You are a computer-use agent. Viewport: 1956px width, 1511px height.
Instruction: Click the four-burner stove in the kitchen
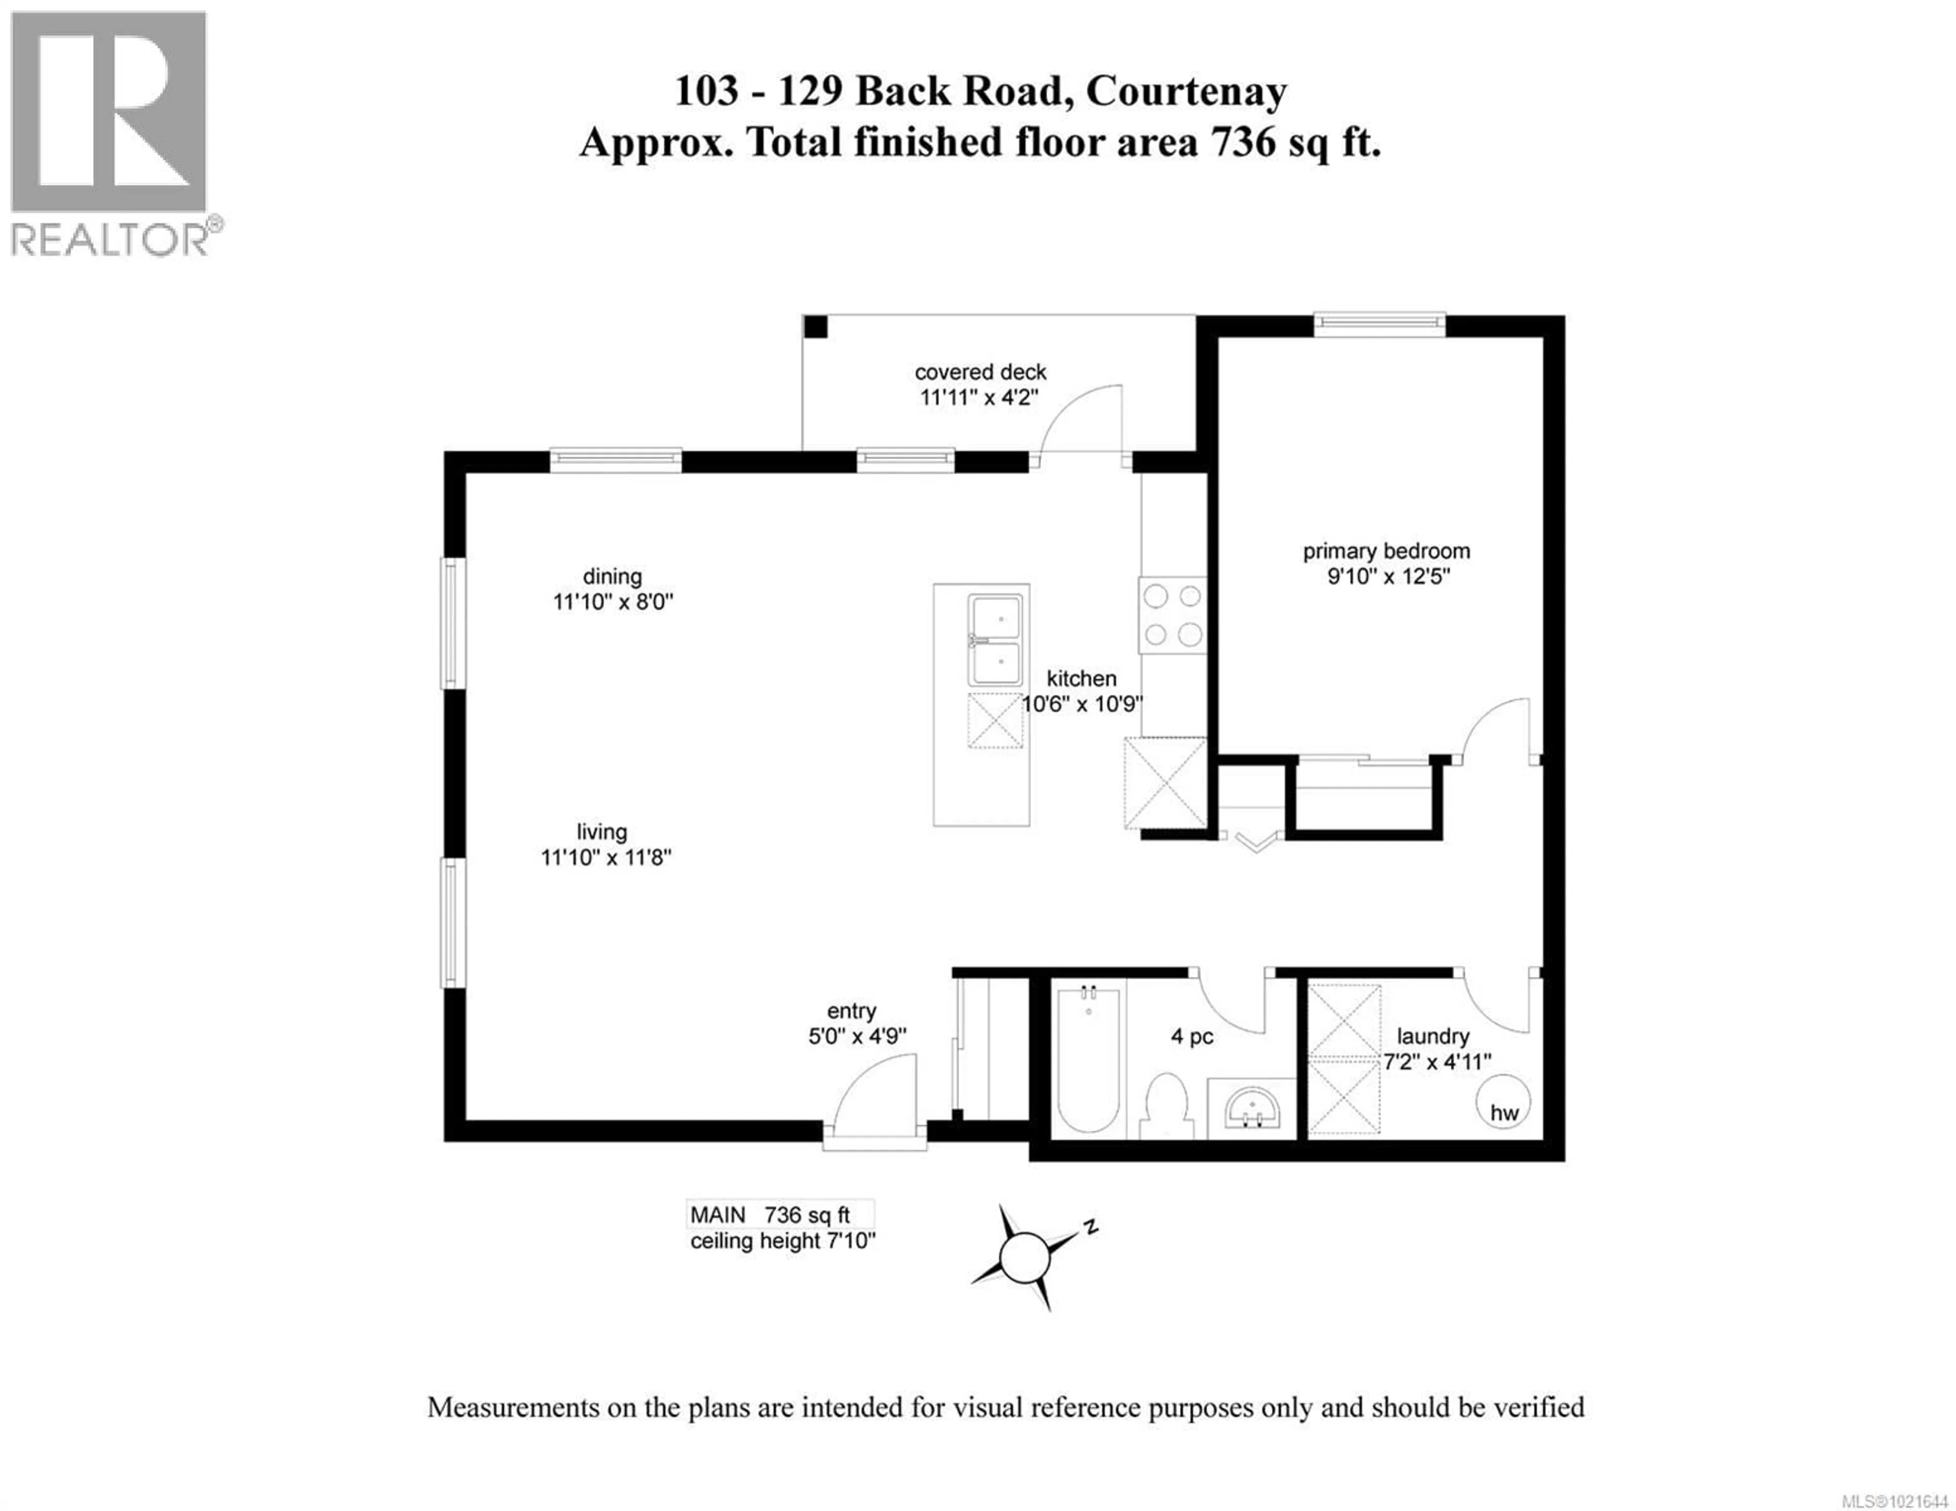[1173, 615]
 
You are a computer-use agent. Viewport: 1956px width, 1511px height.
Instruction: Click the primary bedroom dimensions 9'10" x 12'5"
[1388, 576]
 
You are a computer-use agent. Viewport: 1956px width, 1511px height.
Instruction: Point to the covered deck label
[980, 372]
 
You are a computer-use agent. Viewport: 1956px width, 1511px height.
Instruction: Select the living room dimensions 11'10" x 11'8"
[606, 857]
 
